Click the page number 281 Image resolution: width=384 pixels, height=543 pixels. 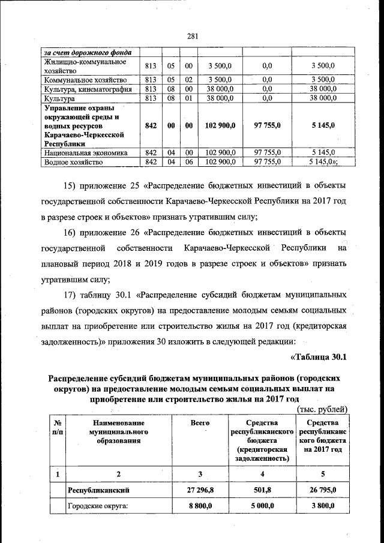tap(193, 36)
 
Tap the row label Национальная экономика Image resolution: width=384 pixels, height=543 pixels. tap(85, 153)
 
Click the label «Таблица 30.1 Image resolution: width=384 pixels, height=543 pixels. tap(319, 358)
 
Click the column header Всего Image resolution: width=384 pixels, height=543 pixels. tap(200, 423)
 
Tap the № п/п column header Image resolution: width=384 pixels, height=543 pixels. tap(58, 427)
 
